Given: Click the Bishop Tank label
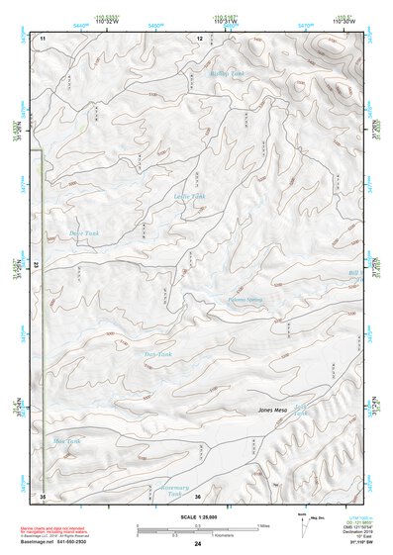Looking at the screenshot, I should (x=226, y=74).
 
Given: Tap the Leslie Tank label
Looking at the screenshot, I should (x=190, y=196).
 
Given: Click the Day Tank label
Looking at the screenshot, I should (x=158, y=353).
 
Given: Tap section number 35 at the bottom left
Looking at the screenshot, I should (x=43, y=495).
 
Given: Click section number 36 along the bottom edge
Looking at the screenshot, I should (x=198, y=496).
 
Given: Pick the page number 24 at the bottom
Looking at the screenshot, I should (x=198, y=544).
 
